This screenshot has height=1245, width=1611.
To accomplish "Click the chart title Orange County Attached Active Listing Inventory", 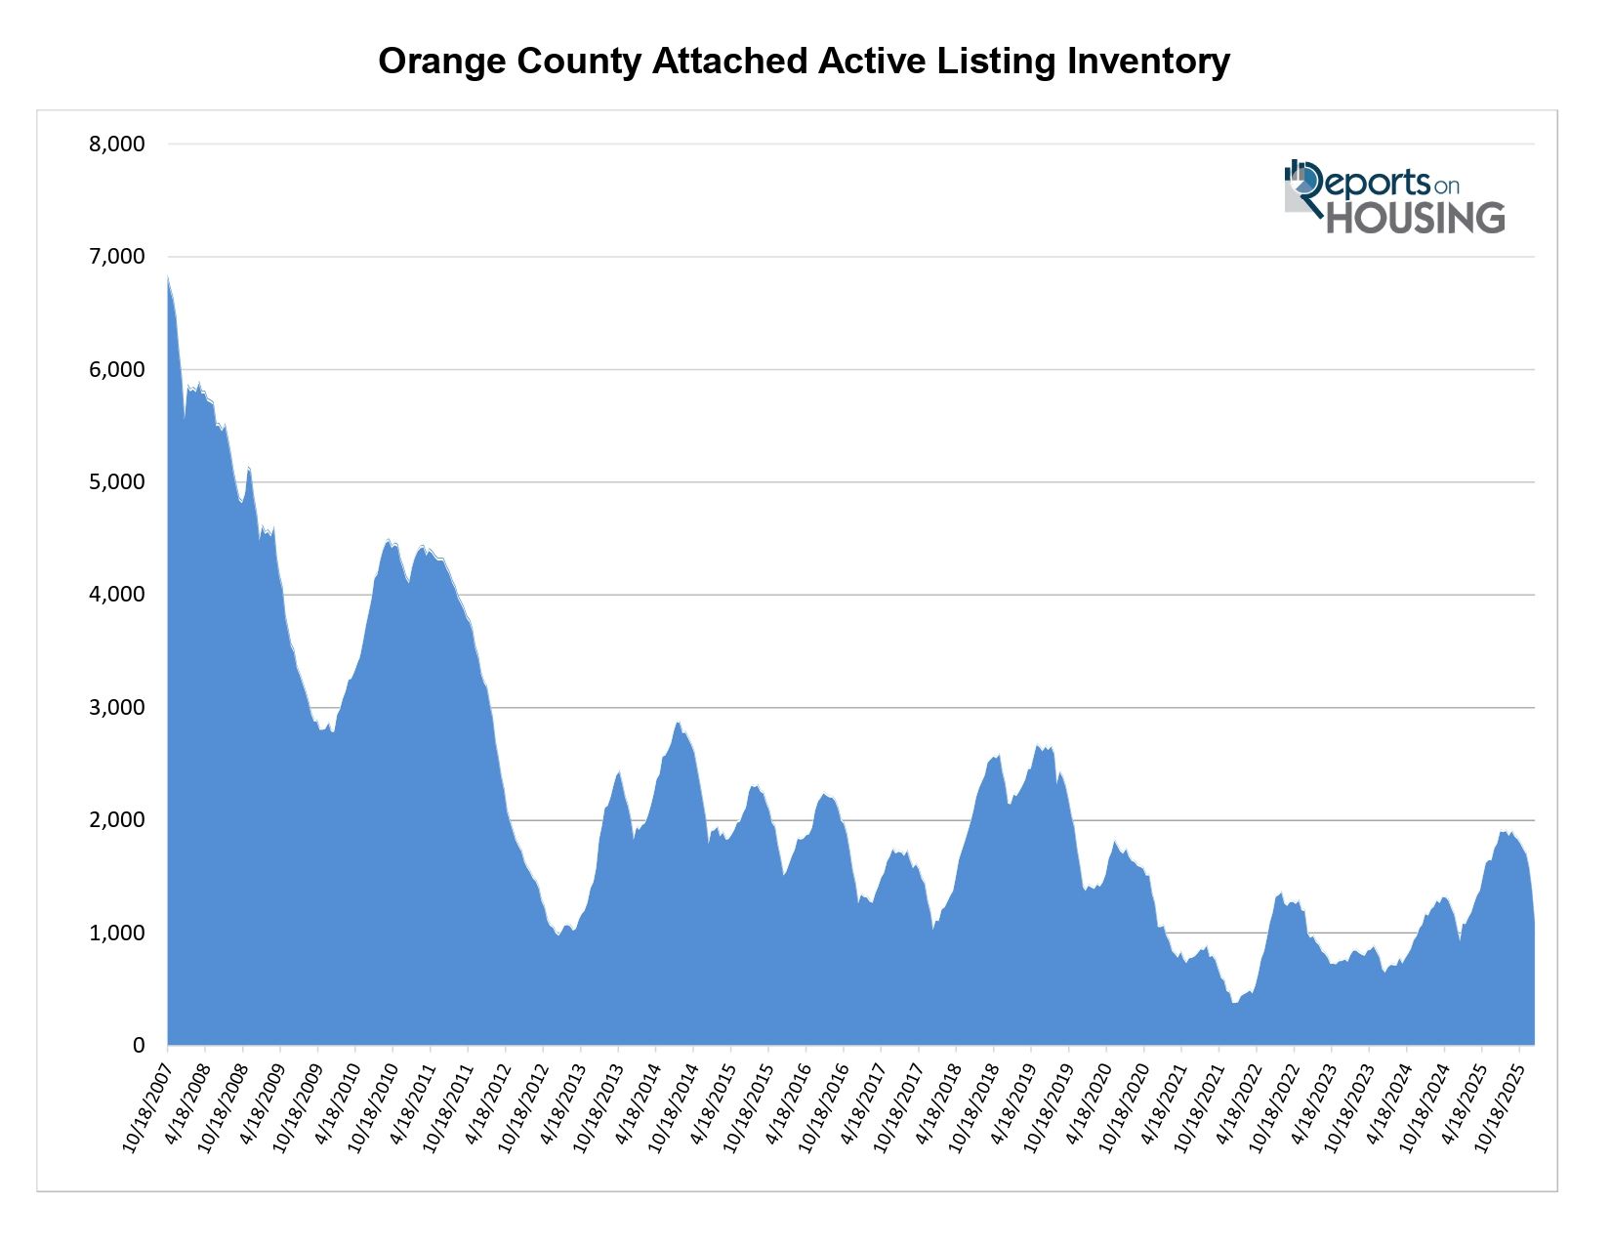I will tap(804, 61).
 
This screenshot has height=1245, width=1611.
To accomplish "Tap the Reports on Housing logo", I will tap(1393, 197).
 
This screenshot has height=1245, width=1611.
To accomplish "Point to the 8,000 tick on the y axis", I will tap(117, 145).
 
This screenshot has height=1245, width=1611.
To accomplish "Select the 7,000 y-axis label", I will tap(117, 257).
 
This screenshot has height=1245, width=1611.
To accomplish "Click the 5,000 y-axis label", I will tap(117, 482).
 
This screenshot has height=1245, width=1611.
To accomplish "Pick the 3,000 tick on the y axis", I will tap(117, 707).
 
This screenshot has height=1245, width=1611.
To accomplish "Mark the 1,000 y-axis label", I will tap(117, 933).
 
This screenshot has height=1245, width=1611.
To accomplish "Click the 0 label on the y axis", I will tap(138, 1046).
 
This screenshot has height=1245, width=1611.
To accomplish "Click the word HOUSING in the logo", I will tap(1415, 218).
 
